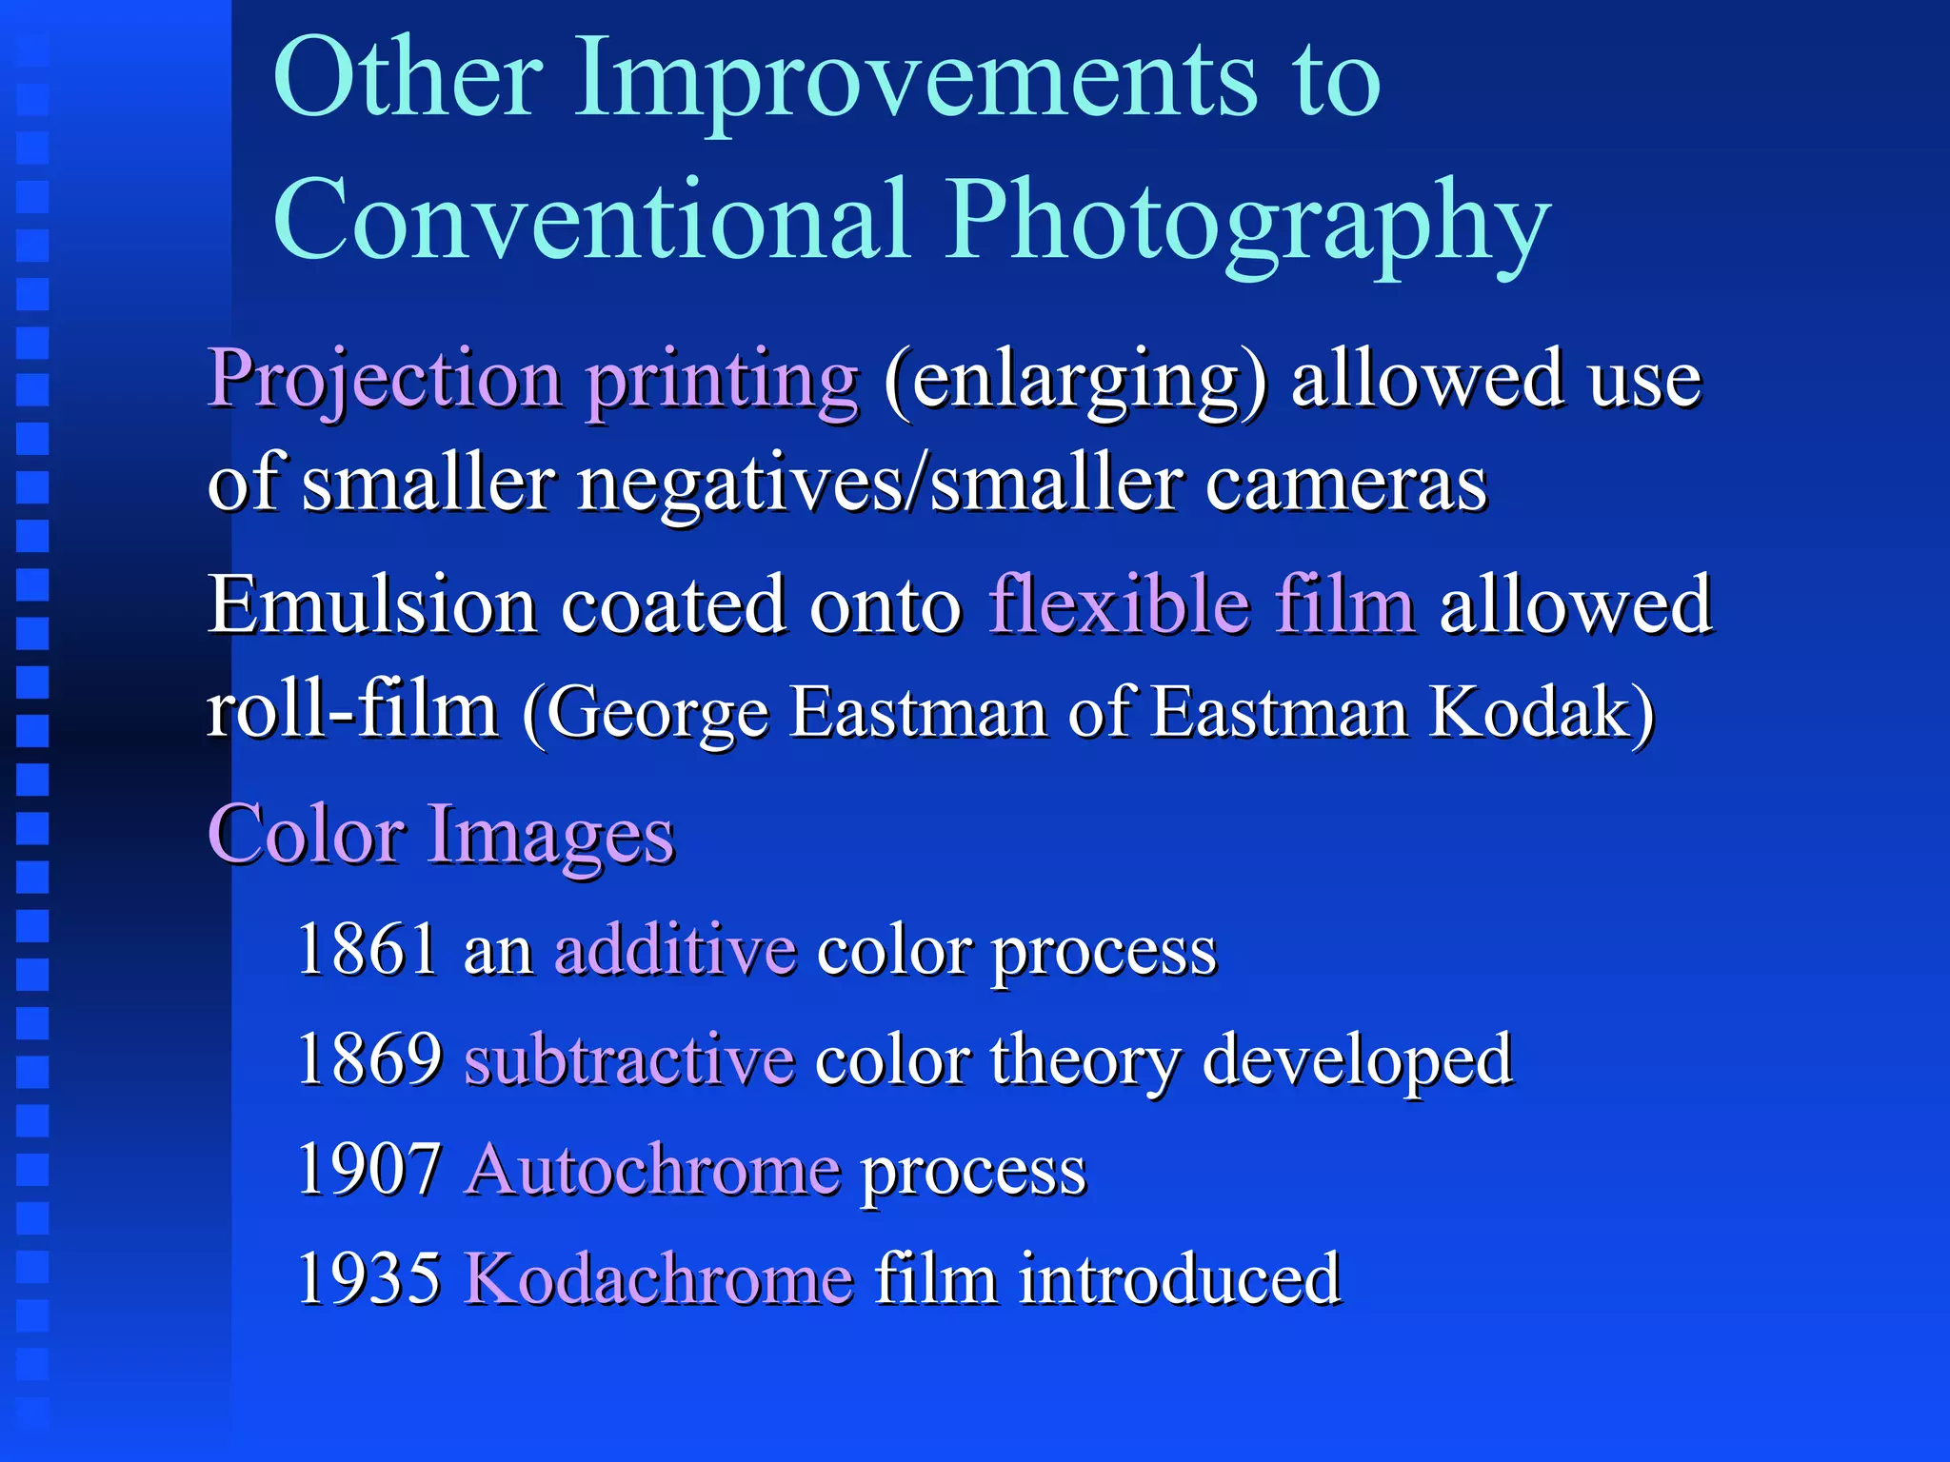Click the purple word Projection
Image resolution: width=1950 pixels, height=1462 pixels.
coord(386,381)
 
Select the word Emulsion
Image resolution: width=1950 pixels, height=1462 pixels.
coord(372,605)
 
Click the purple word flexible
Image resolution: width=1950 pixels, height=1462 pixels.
coord(1119,605)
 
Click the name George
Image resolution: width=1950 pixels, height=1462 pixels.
coord(657,714)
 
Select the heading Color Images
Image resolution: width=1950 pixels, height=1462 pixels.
coord(441,835)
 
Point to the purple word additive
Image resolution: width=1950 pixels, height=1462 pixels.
coord(675,949)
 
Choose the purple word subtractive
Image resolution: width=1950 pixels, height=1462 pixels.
coord(629,1058)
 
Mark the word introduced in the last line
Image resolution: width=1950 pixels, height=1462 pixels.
coord(1180,1278)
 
